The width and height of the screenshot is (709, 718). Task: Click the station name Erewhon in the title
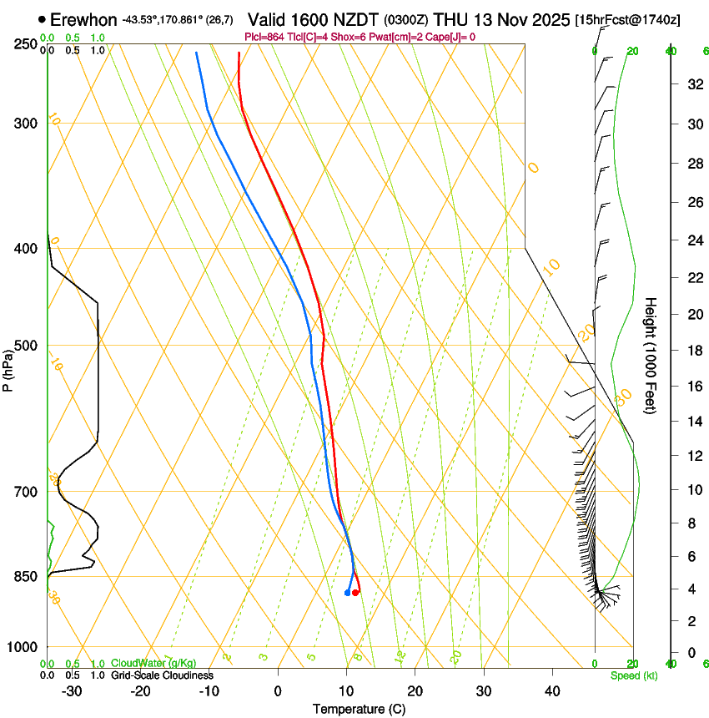(x=83, y=19)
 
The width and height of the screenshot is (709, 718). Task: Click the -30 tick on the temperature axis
(x=72, y=691)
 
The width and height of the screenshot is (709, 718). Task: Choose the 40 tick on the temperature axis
(x=551, y=691)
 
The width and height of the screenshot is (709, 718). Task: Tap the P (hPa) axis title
(x=8, y=368)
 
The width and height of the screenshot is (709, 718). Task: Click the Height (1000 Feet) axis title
(x=651, y=355)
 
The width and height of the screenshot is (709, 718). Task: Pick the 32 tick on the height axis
(x=692, y=84)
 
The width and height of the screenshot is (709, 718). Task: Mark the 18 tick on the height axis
(x=692, y=350)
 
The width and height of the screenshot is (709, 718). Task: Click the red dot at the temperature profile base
(x=355, y=593)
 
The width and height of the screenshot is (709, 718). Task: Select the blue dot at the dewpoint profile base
(x=347, y=593)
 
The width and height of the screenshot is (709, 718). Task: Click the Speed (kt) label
(x=634, y=675)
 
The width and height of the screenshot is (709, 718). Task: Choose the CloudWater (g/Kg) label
(x=153, y=663)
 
